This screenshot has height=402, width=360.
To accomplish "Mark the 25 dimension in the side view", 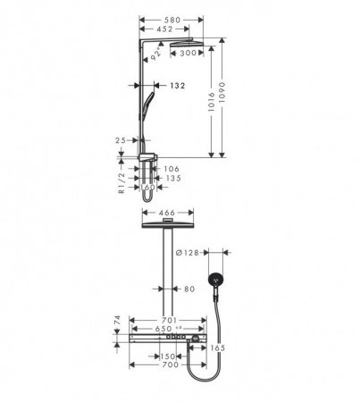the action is tap(121, 140).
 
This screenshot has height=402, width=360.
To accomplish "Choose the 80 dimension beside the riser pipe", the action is tap(188, 288).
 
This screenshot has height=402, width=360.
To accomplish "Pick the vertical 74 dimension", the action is tap(118, 322).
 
